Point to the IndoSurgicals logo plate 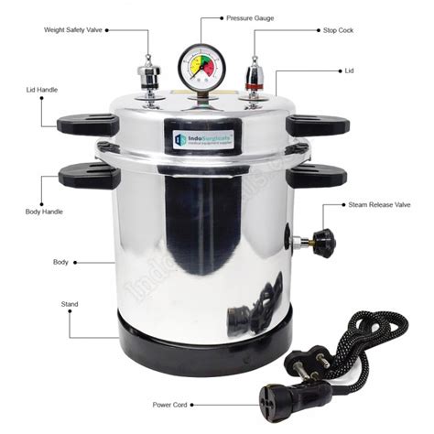[201, 139]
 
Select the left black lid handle [87, 125]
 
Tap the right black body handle [316, 174]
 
